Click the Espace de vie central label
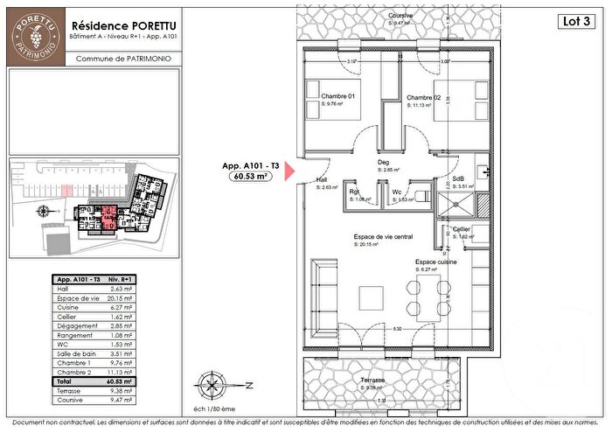[383, 237]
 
